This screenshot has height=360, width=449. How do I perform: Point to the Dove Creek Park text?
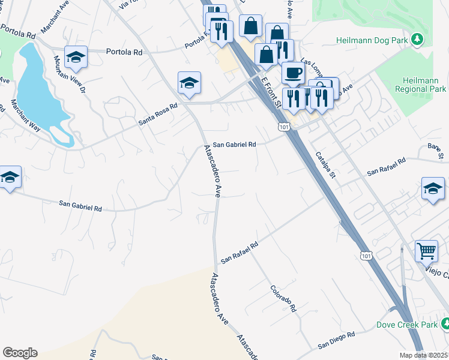[x=405, y=325]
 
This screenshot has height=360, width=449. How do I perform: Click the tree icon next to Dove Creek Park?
[x=445, y=325]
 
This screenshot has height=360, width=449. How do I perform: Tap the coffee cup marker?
[x=293, y=73]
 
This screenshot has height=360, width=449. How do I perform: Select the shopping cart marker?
[x=426, y=250]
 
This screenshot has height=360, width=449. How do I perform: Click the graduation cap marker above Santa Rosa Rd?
[x=189, y=83]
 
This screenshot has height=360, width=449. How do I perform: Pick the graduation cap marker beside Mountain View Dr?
[x=76, y=57]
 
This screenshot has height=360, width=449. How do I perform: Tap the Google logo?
[x=20, y=353]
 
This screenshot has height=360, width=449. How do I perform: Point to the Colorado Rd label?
[x=283, y=299]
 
